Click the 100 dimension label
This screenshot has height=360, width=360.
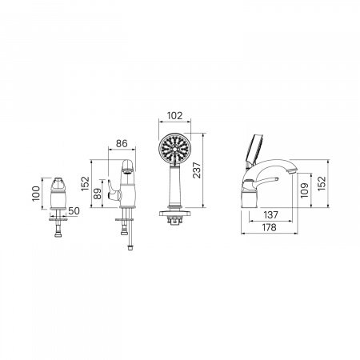point(36,194)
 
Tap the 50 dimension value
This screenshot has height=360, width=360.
point(74,211)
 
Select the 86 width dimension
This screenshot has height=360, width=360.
point(122,143)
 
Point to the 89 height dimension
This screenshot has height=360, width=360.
point(98,194)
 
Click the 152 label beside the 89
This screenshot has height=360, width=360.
point(86,183)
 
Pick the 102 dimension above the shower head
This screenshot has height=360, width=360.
point(174,116)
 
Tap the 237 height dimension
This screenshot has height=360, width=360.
point(197,170)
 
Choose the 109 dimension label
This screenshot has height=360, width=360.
point(305,190)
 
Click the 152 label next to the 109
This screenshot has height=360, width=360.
point(322,183)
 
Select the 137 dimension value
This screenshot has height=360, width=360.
point(270,214)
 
